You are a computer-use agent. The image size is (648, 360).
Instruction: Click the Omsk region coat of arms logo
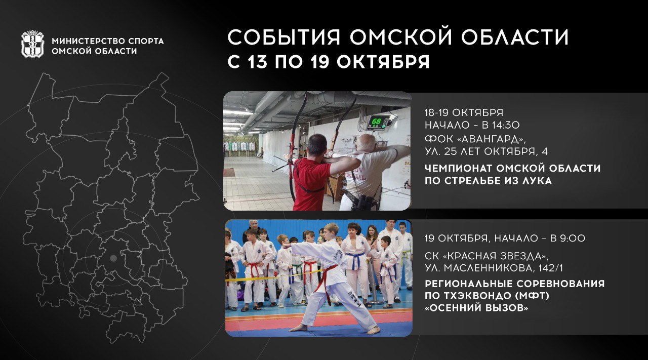point(33,44)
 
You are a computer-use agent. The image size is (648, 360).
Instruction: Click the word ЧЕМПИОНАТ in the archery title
point(458,168)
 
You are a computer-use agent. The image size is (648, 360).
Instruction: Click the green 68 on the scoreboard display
point(376,121)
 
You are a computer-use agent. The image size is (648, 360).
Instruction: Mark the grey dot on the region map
point(113,258)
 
